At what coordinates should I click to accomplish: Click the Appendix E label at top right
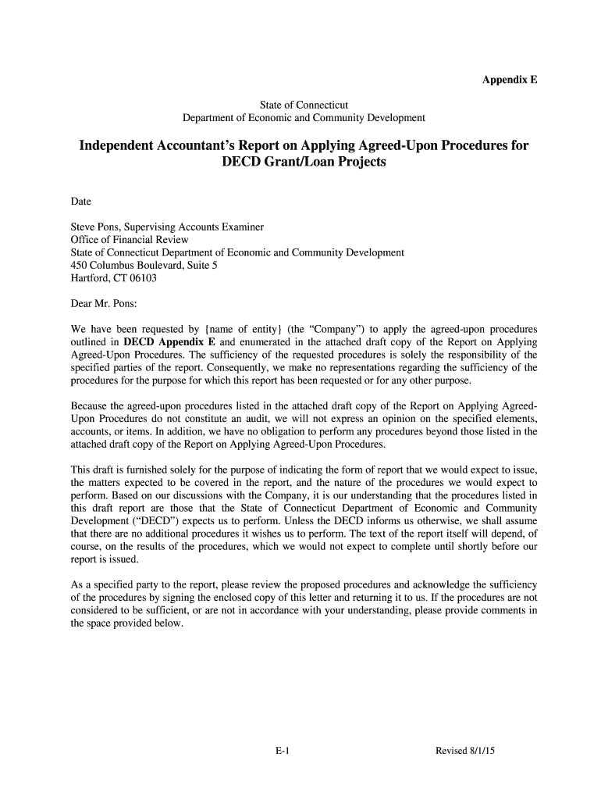(x=510, y=80)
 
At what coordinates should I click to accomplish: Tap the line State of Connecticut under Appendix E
(x=304, y=105)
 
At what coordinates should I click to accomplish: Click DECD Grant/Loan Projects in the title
(x=304, y=164)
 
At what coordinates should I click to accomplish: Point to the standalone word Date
(x=81, y=202)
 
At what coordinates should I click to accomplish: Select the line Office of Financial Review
(x=130, y=240)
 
